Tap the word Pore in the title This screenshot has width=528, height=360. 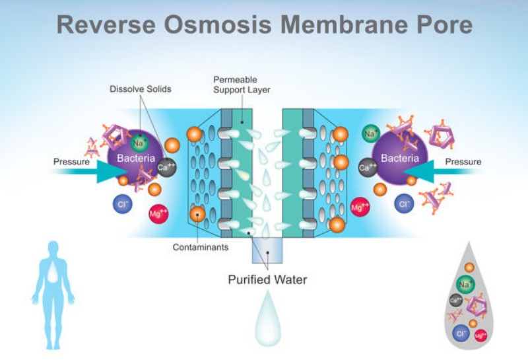click(x=444, y=24)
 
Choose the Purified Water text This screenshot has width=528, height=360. click(x=267, y=279)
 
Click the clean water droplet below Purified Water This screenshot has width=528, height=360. click(x=267, y=320)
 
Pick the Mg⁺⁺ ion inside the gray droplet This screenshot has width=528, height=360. click(x=481, y=336)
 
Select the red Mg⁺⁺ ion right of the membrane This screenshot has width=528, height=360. click(x=360, y=208)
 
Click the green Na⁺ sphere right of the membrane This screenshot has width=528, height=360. click(x=370, y=135)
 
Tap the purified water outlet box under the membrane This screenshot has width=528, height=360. click(x=267, y=252)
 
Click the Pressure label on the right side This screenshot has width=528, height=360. click(x=463, y=162)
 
